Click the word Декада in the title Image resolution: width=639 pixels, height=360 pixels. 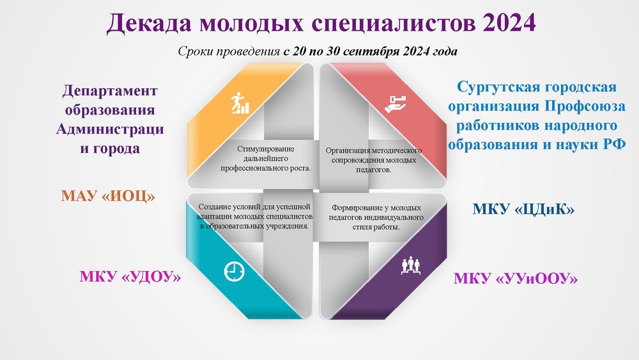(x=149, y=23)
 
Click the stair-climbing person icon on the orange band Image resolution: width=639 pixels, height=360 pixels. (x=240, y=103)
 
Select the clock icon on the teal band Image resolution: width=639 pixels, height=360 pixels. (x=235, y=271)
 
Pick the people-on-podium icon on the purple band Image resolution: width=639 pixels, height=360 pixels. (x=410, y=266)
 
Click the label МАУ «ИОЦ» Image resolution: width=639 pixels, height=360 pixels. (x=108, y=196)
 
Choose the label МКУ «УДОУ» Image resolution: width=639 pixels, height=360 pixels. (x=130, y=277)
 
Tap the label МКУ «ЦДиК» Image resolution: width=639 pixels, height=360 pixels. (x=523, y=209)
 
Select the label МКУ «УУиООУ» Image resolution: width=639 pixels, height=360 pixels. (x=516, y=279)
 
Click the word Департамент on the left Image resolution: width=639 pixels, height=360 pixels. (x=110, y=91)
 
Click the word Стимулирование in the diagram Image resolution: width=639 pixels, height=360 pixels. (x=266, y=149)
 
